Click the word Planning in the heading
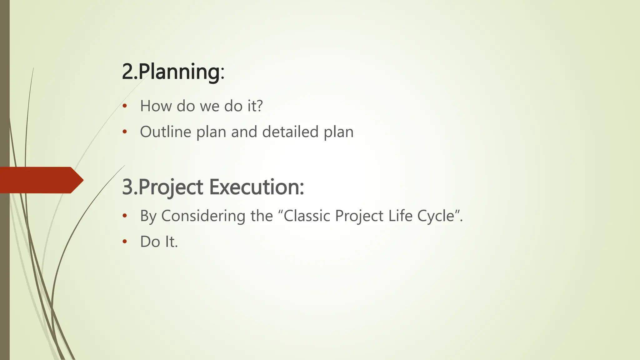coord(179,72)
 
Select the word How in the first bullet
coord(156,106)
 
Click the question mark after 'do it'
coord(259,106)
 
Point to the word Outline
coord(165,132)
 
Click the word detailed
coord(290,132)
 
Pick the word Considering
coord(203,216)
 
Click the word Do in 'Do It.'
coord(150,242)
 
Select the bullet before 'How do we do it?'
coord(125,106)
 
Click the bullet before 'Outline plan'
coord(125,132)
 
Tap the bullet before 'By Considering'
coord(125,216)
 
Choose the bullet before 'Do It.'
coord(125,241)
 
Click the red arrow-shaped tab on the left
coord(41,180)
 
